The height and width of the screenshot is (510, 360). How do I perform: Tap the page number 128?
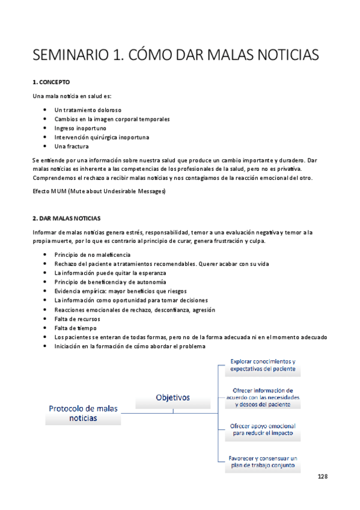tap(323, 476)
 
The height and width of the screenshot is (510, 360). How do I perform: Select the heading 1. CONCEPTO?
tap(51, 81)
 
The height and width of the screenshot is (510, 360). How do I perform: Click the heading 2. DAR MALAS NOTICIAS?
tap(67, 218)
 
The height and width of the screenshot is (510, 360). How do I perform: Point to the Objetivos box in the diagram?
tap(172, 398)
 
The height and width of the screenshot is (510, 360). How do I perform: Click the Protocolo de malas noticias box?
tap(84, 413)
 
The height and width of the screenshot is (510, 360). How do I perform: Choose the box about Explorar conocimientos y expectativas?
tap(263, 366)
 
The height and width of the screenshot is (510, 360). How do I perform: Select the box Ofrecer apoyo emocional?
tap(263, 429)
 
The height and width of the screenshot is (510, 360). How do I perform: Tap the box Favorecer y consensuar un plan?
tap(263, 461)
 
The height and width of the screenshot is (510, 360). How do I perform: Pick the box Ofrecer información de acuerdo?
tap(263, 397)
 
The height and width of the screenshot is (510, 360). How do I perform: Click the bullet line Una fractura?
tap(72, 146)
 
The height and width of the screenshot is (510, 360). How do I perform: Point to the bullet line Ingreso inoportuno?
tap(80, 128)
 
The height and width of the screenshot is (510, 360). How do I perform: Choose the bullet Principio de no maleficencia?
tap(92, 255)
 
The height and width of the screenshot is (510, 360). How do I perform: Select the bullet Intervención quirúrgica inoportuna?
tap(102, 137)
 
